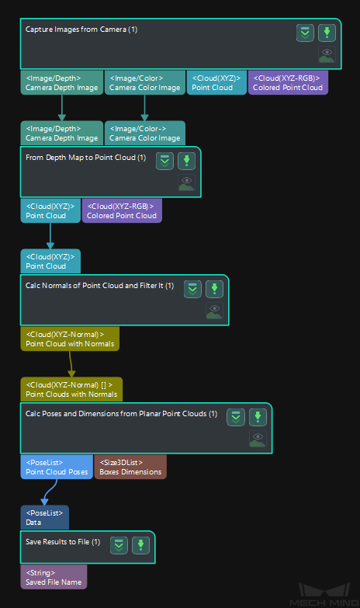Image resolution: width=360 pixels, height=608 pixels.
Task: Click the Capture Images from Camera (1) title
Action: (81, 30)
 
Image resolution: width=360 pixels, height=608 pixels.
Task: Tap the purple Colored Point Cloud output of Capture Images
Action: (288, 82)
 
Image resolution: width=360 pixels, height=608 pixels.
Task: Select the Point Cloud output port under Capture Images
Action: (216, 82)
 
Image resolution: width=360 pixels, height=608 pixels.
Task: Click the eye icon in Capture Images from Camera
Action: (327, 54)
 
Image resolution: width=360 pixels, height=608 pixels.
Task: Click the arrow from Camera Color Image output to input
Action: (144, 108)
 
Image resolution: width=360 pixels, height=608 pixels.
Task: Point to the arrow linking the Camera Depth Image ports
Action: (61, 108)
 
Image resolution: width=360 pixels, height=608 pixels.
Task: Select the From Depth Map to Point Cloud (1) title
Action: (85, 158)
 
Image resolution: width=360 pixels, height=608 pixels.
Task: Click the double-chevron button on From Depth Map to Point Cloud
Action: (164, 161)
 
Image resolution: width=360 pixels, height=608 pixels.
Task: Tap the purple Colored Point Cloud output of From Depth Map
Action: (122, 210)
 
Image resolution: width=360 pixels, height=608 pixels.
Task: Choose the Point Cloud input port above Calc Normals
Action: (50, 261)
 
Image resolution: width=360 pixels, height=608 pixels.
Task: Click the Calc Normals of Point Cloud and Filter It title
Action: (99, 286)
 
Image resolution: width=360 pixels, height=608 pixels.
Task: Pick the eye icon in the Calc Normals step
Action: (214, 311)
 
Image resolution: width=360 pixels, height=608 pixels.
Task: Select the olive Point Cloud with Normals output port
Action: (70, 339)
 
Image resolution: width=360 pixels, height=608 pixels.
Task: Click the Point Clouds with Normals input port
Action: (71, 389)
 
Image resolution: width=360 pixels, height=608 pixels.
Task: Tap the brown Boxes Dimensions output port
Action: (130, 467)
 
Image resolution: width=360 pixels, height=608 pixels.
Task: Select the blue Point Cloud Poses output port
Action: (57, 467)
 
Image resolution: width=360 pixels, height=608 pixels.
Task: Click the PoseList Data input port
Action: (44, 517)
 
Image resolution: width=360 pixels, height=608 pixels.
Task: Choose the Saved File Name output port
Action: (54, 577)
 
